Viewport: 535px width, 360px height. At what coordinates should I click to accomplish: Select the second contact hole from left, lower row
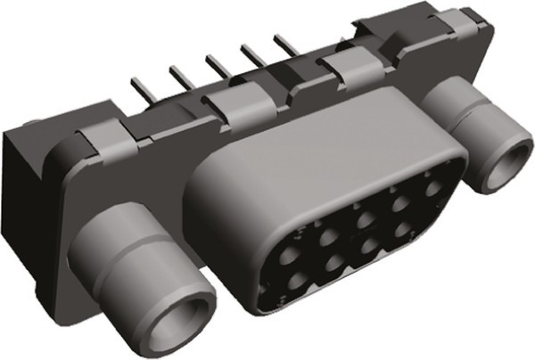(x=337, y=263)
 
